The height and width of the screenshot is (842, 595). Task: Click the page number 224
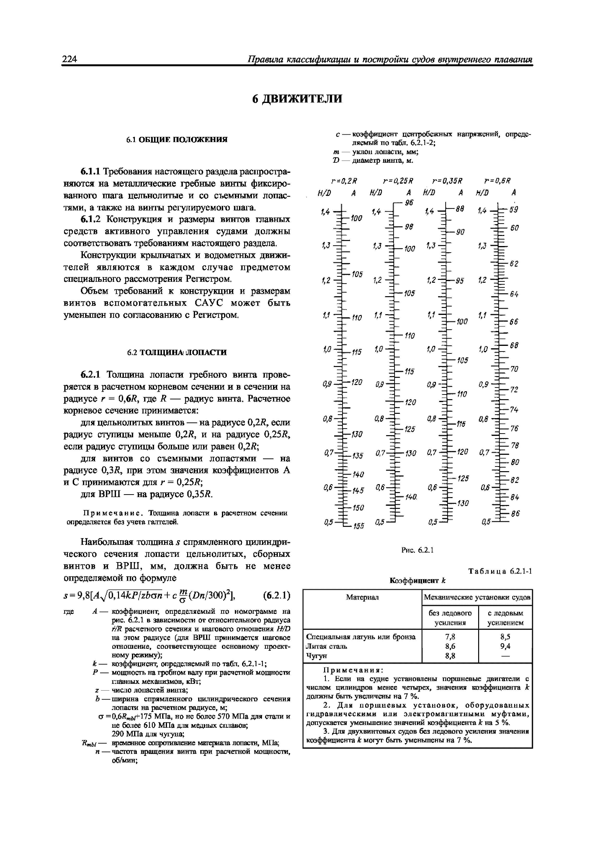click(x=70, y=59)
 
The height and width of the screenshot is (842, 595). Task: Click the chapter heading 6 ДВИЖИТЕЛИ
click(x=297, y=99)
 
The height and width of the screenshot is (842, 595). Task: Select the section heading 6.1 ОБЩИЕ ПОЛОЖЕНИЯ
click(x=177, y=140)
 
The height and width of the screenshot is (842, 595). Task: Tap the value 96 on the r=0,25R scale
click(x=409, y=202)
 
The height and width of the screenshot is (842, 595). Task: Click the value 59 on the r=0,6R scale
click(x=513, y=210)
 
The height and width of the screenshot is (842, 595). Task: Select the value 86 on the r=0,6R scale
click(x=515, y=514)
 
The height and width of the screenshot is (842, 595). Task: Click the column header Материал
click(x=362, y=597)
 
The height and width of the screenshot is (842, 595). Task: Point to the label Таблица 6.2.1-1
click(x=500, y=571)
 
